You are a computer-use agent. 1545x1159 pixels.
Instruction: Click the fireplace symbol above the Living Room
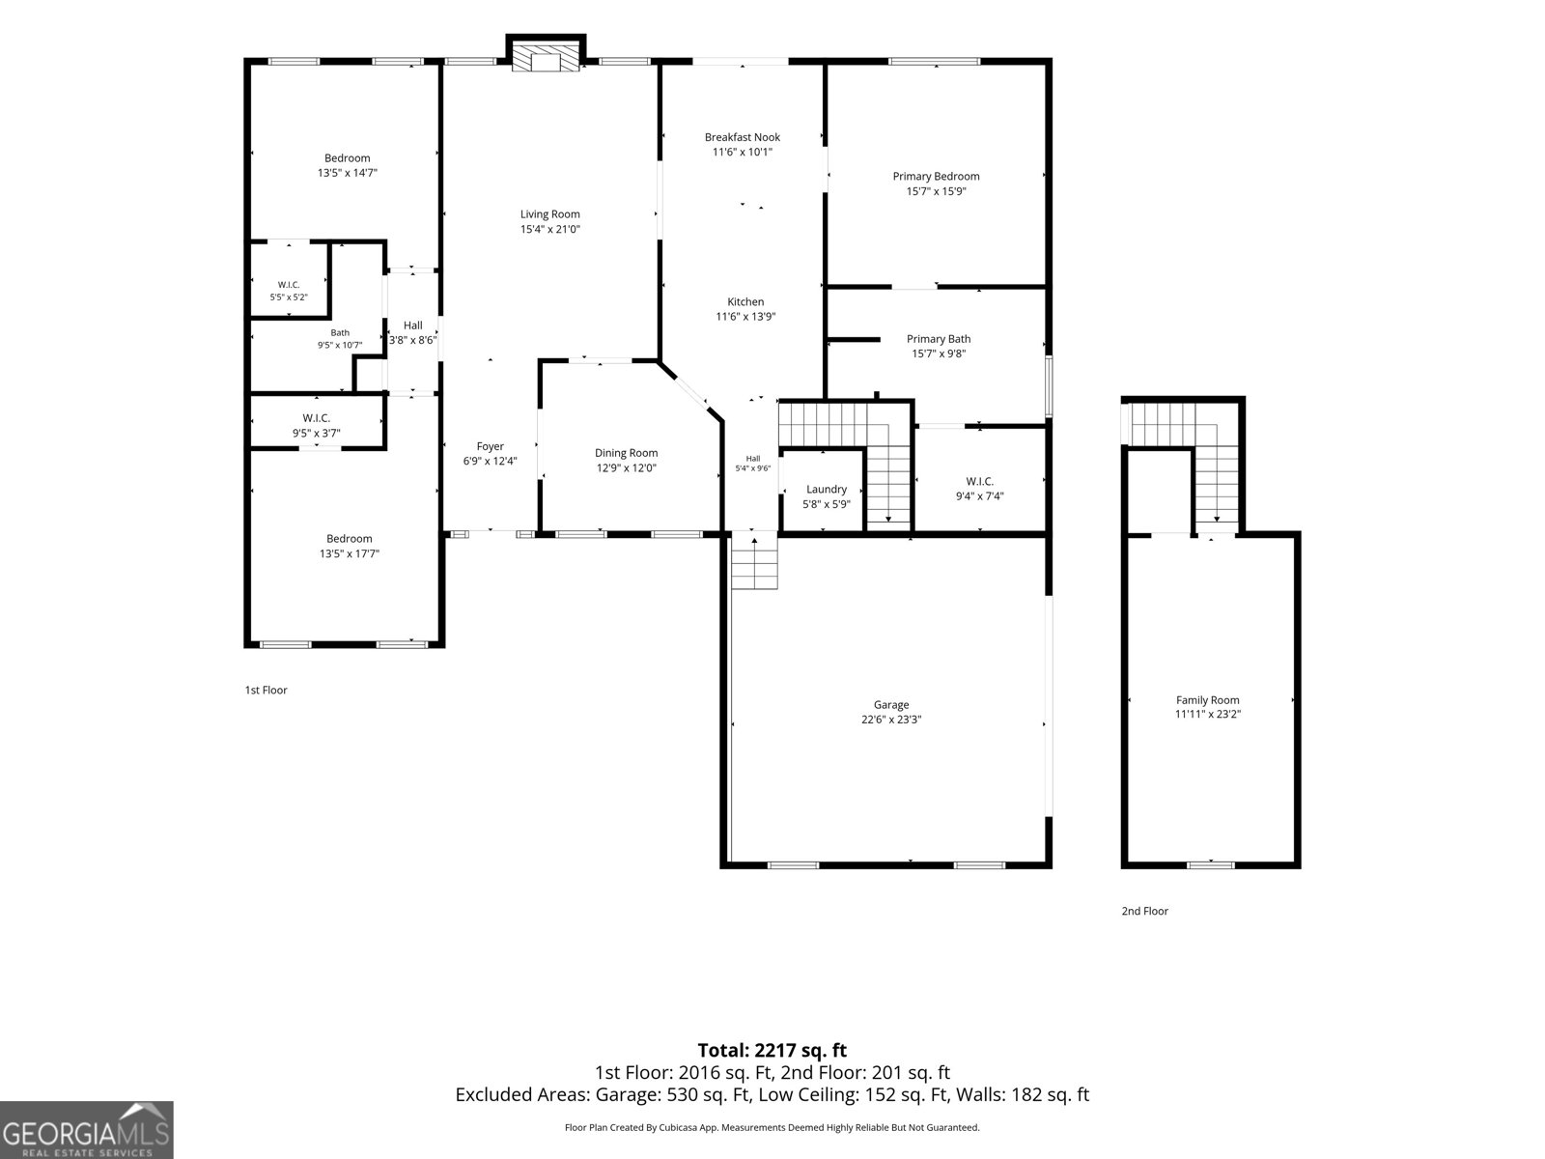[546, 58]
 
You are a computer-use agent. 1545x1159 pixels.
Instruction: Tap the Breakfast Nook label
[742, 137]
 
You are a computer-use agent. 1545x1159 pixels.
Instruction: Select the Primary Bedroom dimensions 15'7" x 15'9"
[936, 191]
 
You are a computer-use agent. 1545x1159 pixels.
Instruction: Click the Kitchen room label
[745, 302]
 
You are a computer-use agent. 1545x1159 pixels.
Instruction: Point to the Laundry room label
[827, 489]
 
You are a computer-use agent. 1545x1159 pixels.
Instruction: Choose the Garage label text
[891, 704]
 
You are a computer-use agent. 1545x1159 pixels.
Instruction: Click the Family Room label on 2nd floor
[1207, 699]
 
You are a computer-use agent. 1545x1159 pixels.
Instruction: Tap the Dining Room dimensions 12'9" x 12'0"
[626, 468]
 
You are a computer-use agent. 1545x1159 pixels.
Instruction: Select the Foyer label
[490, 446]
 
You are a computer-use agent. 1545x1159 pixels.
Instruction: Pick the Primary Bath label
[939, 339]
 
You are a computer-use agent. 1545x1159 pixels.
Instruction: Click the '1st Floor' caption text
[267, 691]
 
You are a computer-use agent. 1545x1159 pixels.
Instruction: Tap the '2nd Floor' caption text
[1144, 911]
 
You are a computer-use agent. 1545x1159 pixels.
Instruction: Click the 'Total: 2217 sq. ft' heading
[772, 1050]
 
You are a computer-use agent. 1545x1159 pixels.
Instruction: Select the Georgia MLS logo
[87, 1129]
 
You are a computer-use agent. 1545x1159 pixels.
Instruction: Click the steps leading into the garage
[754, 561]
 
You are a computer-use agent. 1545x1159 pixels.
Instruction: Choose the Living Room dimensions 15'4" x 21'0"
[549, 230]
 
